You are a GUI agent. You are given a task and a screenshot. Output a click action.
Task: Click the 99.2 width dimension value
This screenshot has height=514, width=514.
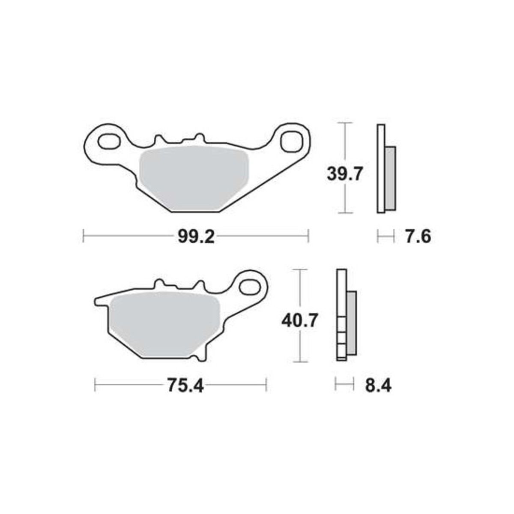point(196,236)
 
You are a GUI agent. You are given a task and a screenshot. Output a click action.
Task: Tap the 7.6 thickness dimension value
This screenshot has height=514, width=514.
point(418,236)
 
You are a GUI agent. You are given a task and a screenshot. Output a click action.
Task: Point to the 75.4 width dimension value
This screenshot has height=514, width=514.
point(185,385)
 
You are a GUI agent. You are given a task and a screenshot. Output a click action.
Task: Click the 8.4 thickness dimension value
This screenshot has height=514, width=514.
point(378,385)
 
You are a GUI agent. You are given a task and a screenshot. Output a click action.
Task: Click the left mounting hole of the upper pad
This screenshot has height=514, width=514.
point(108,142)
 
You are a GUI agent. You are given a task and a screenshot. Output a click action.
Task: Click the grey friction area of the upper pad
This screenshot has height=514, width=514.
point(194,178)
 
